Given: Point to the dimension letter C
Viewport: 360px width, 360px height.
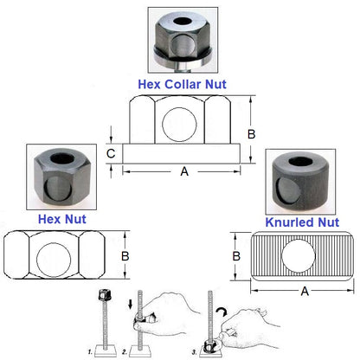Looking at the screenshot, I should pyautogui.click(x=112, y=153).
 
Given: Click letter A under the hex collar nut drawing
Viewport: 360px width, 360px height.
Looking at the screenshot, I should pyautogui.click(x=183, y=171).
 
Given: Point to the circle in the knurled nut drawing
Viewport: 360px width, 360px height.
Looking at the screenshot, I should pyautogui.click(x=299, y=257).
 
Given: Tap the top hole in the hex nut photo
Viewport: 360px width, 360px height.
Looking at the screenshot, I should pyautogui.click(x=58, y=162).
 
